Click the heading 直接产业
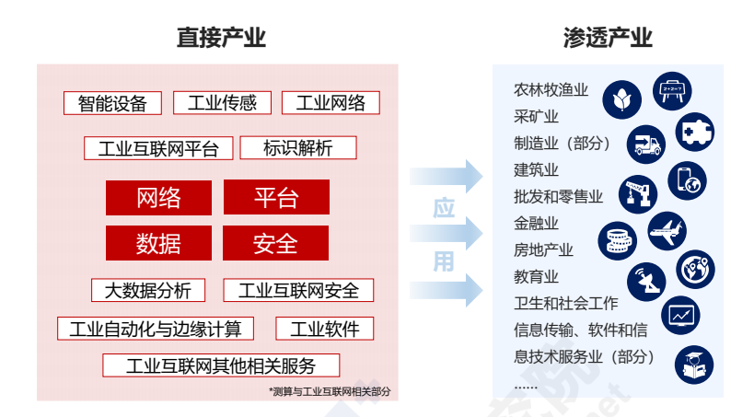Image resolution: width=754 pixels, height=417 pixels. pyautogui.click(x=221, y=38)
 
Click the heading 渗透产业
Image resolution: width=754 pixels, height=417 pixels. pyautogui.click(x=608, y=38)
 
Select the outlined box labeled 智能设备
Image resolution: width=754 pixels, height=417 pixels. pyautogui.click(x=112, y=103)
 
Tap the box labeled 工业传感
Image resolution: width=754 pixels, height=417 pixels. pyautogui.click(x=222, y=103)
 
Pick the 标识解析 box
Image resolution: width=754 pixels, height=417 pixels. pyautogui.click(x=297, y=148)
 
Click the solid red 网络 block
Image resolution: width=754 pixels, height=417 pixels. pyautogui.click(x=158, y=197)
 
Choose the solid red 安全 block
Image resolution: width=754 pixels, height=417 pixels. pyautogui.click(x=275, y=243)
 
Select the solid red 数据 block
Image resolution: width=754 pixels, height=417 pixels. pyautogui.click(x=158, y=243)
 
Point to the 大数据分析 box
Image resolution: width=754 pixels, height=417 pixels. pyautogui.click(x=147, y=291)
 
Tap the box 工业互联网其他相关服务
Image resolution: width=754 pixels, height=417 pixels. pyautogui.click(x=220, y=365)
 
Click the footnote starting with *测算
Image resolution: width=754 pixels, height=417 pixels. pyautogui.click(x=330, y=391)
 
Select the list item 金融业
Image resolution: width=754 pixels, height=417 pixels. pyautogui.click(x=536, y=224)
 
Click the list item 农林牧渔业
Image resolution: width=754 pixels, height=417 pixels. pyautogui.click(x=551, y=90)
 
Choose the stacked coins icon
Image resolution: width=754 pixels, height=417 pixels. pyautogui.click(x=617, y=239)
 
